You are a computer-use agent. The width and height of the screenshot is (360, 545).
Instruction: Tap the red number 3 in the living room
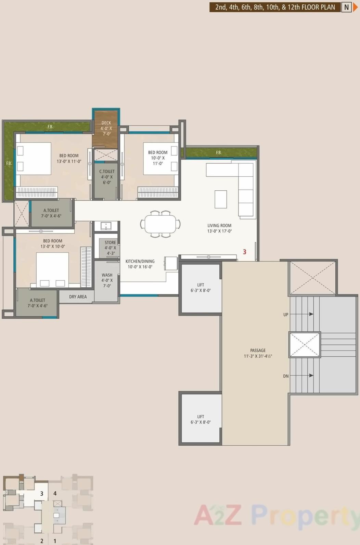pos(244,252)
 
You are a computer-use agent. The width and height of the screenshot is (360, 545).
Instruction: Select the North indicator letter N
pos(346,7)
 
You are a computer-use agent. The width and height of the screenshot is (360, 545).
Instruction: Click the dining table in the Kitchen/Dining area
pos(160,224)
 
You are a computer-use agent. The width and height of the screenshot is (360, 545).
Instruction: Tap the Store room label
pos(110,242)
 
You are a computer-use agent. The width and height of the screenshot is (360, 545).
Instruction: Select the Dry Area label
pos(78,297)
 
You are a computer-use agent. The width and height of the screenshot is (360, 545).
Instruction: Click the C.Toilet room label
pos(107,172)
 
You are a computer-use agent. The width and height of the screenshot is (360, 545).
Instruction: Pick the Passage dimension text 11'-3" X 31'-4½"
pos(258,356)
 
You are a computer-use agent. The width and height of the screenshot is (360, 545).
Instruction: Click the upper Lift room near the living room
pos(201,288)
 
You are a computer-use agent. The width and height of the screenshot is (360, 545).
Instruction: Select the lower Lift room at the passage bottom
pos(201,419)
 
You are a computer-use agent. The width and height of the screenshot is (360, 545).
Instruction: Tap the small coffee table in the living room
pos(221,199)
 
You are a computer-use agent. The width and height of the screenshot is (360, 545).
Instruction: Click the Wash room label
pos(107,275)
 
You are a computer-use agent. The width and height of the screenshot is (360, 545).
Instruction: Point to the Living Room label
pos(219,226)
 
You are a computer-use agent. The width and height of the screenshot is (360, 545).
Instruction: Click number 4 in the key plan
pos(55,493)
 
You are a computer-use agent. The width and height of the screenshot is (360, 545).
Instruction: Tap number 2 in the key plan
pos(42,541)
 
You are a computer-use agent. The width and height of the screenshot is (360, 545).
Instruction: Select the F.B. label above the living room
pos(219,153)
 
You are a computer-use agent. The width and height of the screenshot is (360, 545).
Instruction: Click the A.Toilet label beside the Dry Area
pos(37,300)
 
